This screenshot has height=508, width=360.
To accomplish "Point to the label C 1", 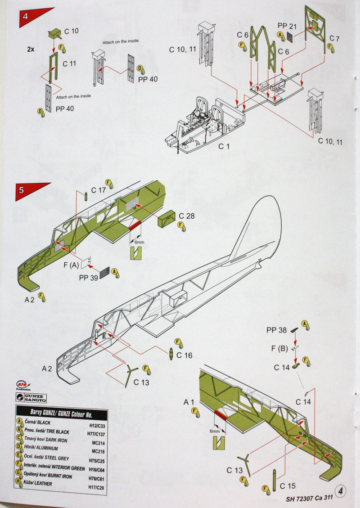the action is (224, 147).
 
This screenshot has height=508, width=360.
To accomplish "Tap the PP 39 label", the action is (88, 278).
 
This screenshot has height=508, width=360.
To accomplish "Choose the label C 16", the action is (185, 355).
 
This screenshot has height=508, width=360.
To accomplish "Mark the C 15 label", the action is (288, 486).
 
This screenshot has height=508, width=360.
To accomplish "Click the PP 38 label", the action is (276, 330).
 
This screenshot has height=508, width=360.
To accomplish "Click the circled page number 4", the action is (341, 491).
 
